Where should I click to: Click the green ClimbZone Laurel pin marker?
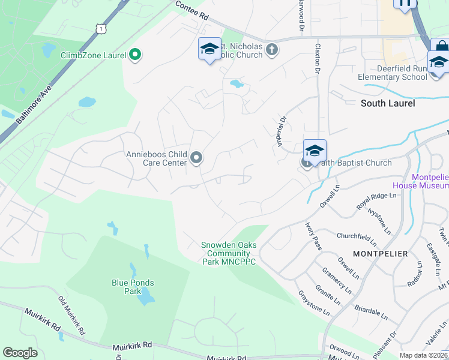[x=135, y=55]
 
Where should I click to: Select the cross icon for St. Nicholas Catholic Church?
[x=272, y=49]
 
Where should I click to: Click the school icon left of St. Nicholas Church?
[x=209, y=49]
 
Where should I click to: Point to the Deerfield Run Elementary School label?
[x=393, y=73]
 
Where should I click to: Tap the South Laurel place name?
[x=388, y=103]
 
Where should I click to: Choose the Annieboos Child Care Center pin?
[x=196, y=158]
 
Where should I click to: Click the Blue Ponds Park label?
[x=133, y=287]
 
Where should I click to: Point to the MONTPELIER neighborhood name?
[x=380, y=254]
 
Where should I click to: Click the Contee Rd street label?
[x=193, y=11]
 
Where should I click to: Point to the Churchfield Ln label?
[x=357, y=239]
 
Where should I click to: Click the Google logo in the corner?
[x=20, y=353]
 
